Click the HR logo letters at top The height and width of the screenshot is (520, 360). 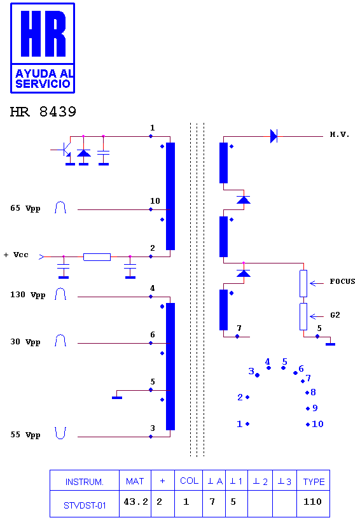coord(43,34)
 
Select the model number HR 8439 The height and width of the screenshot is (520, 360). coord(43,112)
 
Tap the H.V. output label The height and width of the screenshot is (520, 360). coord(340,134)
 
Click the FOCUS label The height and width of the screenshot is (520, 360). coord(342,281)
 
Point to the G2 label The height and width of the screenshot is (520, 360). coord(335,315)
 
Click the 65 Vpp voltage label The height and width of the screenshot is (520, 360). coord(25,208)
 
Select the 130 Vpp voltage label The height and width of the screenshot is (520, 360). coord(27,295)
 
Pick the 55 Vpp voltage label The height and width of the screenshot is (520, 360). coord(25,435)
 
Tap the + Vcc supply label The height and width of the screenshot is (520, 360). coord(16,255)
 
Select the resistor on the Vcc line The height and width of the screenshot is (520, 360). coord(97,257)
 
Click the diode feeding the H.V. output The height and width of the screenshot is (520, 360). coord(273,136)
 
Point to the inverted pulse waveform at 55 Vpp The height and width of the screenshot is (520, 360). coord(60,433)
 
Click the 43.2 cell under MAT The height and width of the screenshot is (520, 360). coord(136,502)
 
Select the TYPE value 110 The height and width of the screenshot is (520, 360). coord(312,502)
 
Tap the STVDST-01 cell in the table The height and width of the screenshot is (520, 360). coord(85,505)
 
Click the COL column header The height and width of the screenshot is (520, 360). coord(189,481)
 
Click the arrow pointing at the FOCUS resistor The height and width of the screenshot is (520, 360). coord(317,283)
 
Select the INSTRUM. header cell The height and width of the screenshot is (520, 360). coord(85,482)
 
